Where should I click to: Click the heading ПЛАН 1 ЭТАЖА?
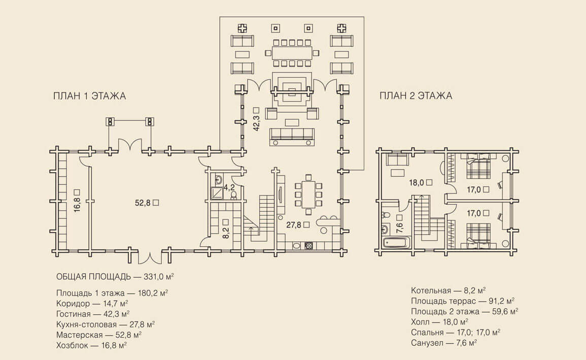[89, 96]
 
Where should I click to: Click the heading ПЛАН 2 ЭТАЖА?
[416, 96]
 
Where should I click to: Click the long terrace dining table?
[291, 53]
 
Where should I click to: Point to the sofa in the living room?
[292, 136]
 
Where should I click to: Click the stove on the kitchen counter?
[308, 245]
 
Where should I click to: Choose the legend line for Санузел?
[444, 343]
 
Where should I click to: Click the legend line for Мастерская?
[99, 335]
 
